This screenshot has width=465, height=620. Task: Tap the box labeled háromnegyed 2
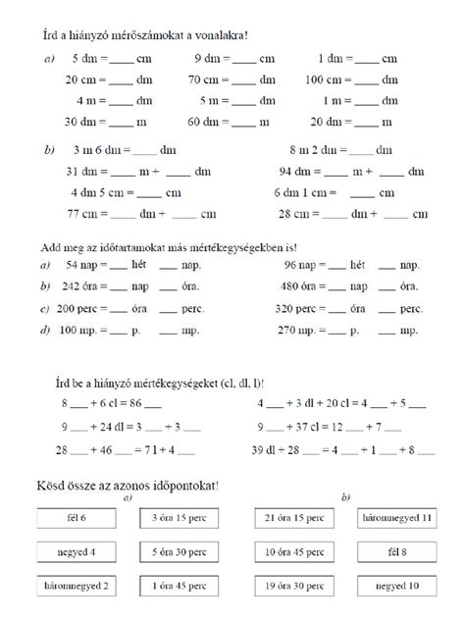pos(78,587)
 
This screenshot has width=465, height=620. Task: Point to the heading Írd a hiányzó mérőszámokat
pos(142,35)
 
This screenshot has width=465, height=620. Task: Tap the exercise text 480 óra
pos(301,287)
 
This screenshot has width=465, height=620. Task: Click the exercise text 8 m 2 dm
pos(314,150)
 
